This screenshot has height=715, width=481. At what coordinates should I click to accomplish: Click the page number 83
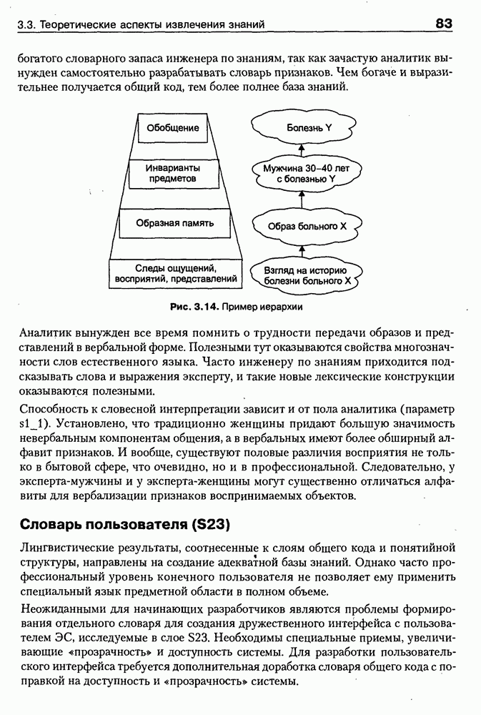pyautogui.click(x=444, y=24)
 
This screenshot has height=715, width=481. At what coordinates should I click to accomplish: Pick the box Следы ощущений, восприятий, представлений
pyautogui.click(x=174, y=272)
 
